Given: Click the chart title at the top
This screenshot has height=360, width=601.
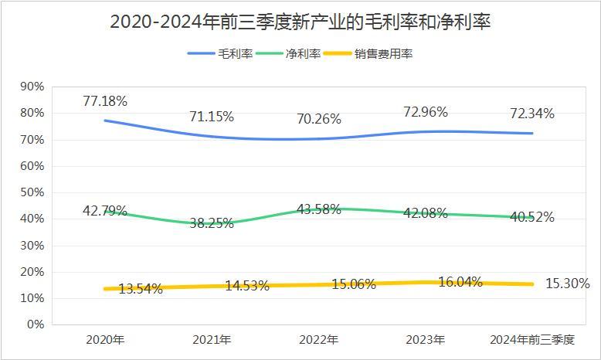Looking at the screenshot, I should tap(300, 22).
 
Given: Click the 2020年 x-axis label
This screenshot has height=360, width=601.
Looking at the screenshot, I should tap(105, 340).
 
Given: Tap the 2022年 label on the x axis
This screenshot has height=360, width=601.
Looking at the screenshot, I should tap(319, 340).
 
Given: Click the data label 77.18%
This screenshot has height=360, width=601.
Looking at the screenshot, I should tap(105, 101).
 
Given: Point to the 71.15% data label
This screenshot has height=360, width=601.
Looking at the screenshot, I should tap(212, 117).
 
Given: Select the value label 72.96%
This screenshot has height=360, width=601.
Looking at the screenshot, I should tap(425, 112).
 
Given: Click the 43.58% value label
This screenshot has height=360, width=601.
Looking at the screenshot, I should tap(318, 209).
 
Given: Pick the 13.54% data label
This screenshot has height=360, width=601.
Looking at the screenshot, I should tap(140, 289).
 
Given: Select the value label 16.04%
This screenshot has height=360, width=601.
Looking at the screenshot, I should tap(460, 282).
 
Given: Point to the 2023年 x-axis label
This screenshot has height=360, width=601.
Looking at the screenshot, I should tap(426, 340).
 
